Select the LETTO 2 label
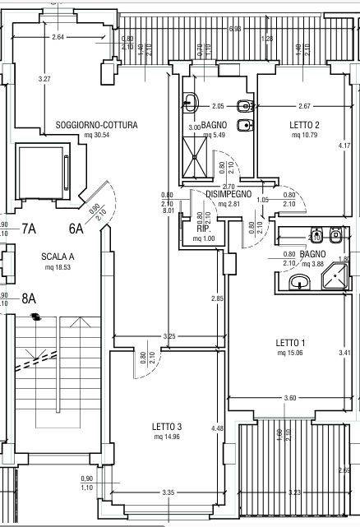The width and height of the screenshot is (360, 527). point(304,125)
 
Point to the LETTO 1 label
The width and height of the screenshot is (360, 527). point(292,343)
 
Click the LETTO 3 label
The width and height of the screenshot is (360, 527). point(166,427)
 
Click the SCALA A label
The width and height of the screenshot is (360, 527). point(58,257)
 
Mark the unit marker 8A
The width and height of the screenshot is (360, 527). point(30,298)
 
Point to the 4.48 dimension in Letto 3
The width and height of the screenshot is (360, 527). point(217,428)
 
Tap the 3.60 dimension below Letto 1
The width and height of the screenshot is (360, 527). point(289,399)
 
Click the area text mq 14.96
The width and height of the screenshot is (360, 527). point(166,437)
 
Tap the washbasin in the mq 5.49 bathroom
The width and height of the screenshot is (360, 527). point(190,103)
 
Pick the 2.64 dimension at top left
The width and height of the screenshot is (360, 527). point(58,38)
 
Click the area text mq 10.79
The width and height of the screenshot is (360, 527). point(304,134)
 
